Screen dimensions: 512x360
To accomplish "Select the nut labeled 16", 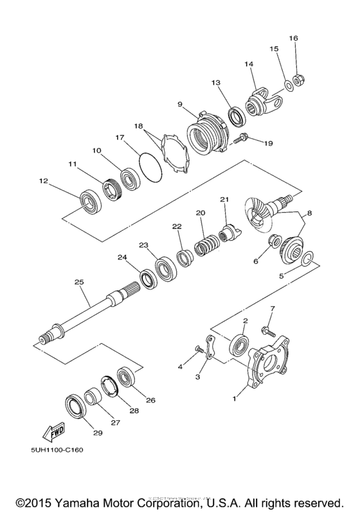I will tap(298, 80).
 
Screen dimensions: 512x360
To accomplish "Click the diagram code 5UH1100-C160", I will tap(55, 450).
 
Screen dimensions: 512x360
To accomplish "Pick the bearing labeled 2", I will tap(240, 342).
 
